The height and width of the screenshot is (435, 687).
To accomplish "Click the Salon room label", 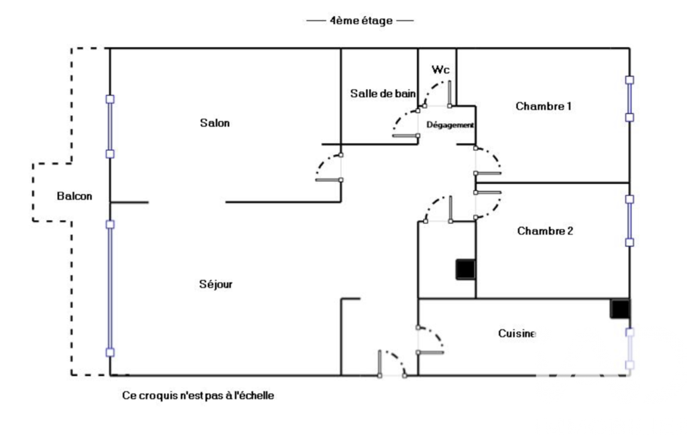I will (x=214, y=123).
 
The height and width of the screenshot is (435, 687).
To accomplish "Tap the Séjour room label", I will (x=216, y=284).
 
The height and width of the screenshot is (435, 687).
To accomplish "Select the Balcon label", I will (x=74, y=196).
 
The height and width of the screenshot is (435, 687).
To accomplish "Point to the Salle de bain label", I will (x=383, y=94).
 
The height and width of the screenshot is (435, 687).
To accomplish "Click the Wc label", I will (x=440, y=70).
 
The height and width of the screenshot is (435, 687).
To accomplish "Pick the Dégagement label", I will (x=450, y=125).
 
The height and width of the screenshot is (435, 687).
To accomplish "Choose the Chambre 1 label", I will (x=544, y=106).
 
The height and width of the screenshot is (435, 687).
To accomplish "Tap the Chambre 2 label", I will (x=545, y=231).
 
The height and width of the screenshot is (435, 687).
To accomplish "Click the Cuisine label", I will (x=517, y=333).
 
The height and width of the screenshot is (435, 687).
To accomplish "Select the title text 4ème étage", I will (x=360, y=21).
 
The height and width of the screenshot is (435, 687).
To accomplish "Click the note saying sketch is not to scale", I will (x=198, y=396).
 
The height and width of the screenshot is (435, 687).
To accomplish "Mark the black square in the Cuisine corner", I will (x=620, y=309).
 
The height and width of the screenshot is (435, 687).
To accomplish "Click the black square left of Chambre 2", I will (x=465, y=269).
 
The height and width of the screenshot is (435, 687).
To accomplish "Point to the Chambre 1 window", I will (x=629, y=98).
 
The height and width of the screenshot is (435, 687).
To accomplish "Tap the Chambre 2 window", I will (x=629, y=220).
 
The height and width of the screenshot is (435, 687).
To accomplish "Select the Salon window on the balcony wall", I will (x=111, y=126).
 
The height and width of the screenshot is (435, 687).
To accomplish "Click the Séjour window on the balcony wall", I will (x=111, y=288).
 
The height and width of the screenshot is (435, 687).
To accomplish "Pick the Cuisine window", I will (x=629, y=348).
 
